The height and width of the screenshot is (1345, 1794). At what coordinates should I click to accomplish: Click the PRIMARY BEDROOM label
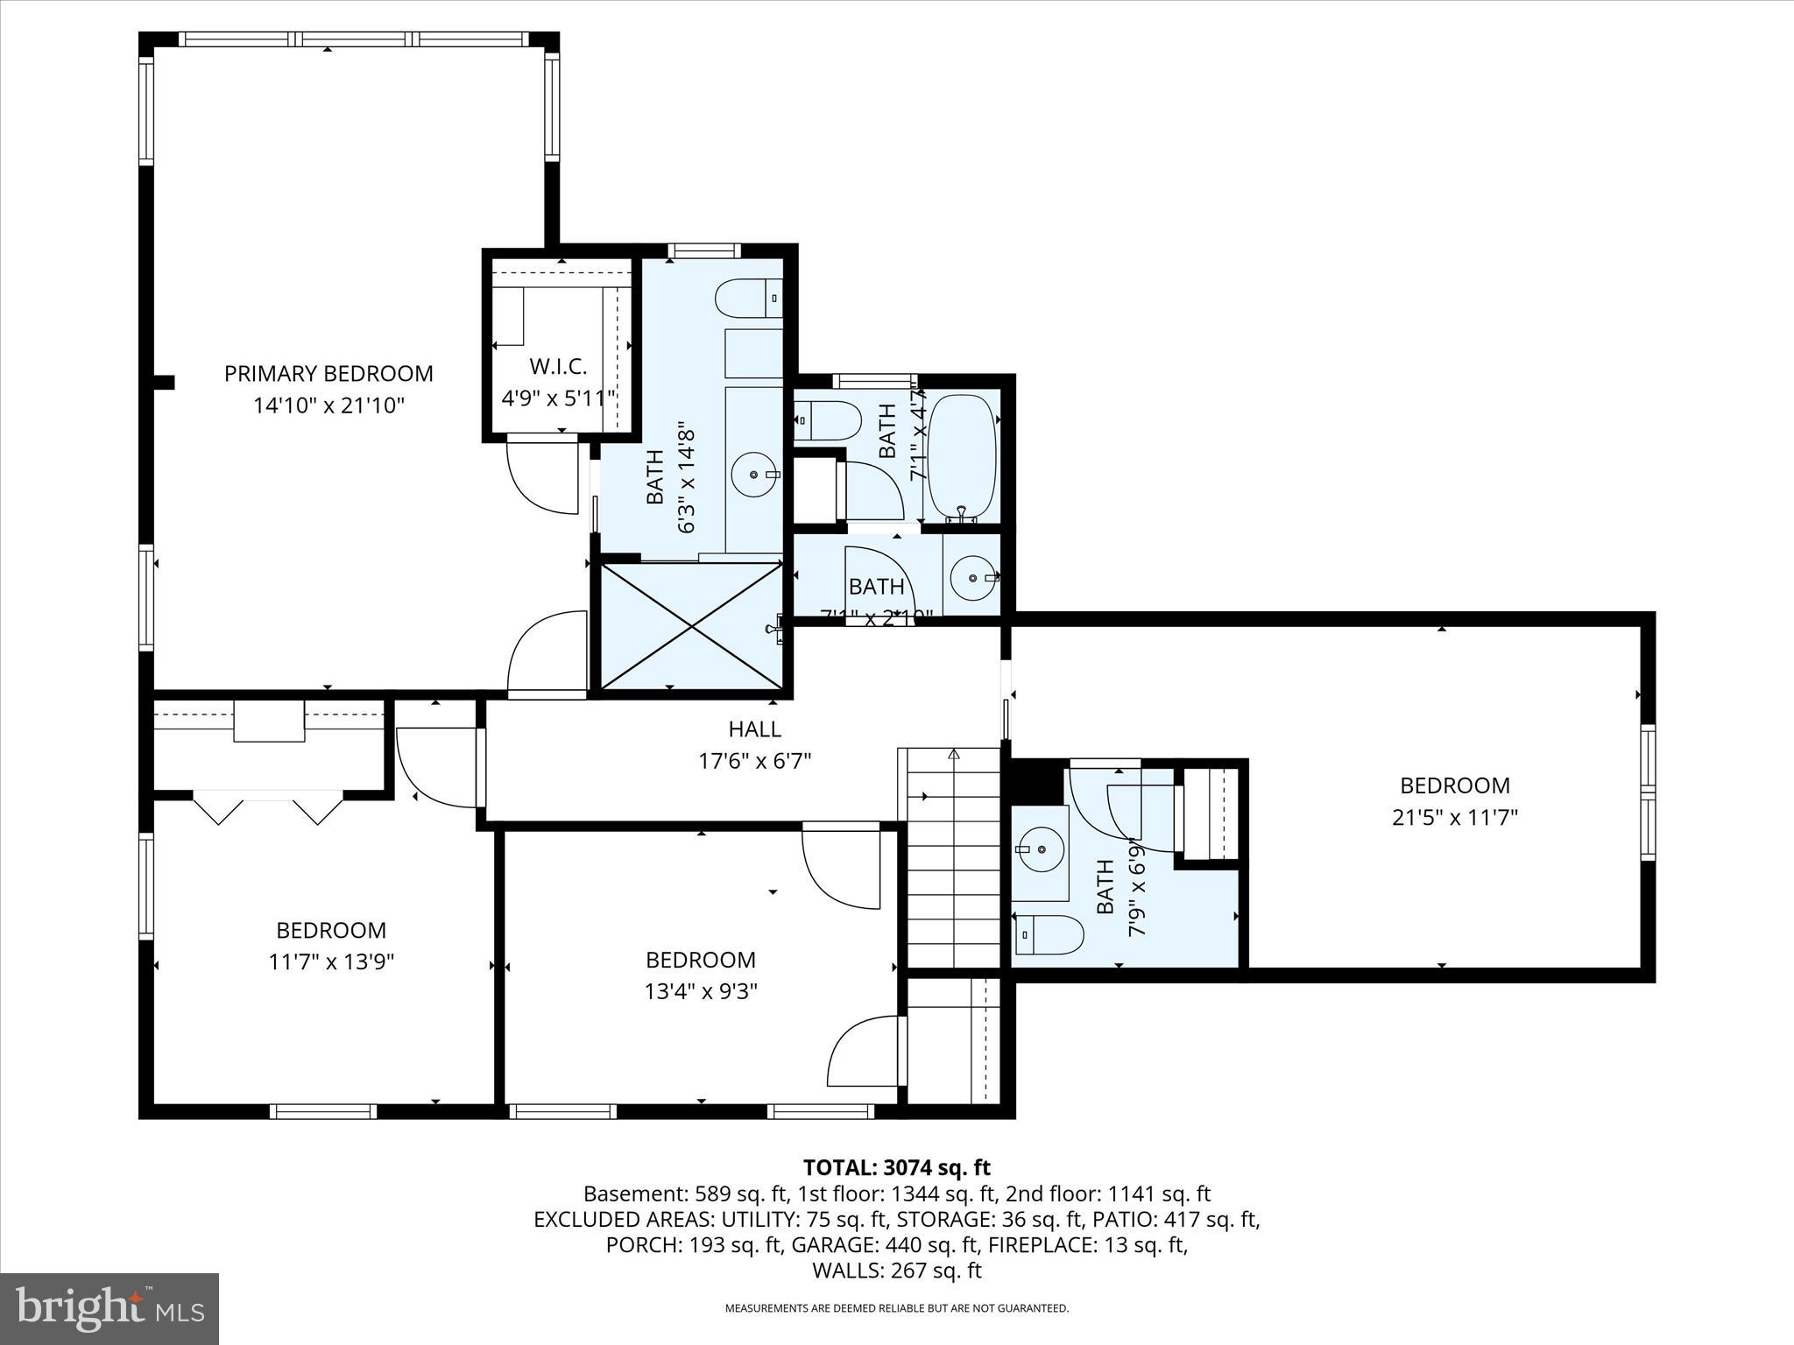point(328,374)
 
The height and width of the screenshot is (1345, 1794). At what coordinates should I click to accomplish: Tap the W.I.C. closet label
point(558,366)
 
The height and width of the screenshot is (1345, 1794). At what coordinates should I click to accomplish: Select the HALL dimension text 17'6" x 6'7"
point(754,761)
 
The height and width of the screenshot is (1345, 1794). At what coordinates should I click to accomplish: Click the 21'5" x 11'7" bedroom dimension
point(1454,817)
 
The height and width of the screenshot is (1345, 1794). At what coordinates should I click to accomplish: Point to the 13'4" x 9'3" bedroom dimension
point(700,991)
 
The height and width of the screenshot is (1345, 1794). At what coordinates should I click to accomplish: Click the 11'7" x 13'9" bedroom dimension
point(331,961)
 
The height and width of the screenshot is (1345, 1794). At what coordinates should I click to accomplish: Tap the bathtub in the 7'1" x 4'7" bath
point(962,456)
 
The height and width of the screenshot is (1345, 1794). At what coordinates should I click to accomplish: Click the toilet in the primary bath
point(749,299)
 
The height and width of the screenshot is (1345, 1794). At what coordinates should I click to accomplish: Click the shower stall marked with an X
point(692,625)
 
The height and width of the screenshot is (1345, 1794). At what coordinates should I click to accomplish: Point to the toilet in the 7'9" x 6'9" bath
point(1048,935)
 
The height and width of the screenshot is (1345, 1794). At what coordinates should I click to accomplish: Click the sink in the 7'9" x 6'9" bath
point(1041,849)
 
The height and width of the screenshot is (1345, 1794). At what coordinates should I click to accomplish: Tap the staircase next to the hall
point(952,858)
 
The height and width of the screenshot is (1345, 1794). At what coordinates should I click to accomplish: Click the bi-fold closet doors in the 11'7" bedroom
point(267,807)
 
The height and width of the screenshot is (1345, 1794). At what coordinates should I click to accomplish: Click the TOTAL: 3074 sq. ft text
point(896,1167)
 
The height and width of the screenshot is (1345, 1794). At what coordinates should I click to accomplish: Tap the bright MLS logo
point(109,1308)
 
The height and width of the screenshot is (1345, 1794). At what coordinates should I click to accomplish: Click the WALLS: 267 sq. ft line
point(896,1271)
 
